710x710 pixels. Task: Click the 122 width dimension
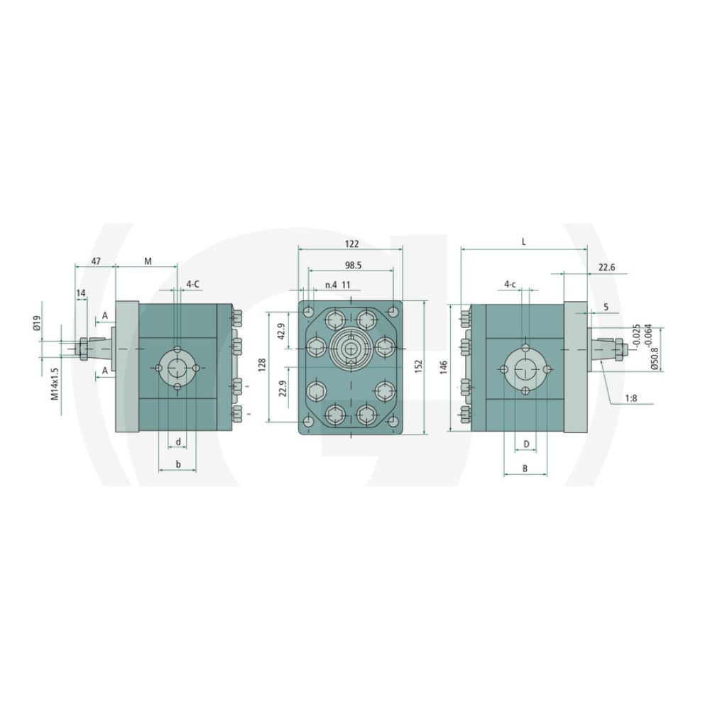(x=351, y=244)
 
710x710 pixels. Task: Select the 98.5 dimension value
(x=353, y=266)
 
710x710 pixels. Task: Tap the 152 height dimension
(x=418, y=366)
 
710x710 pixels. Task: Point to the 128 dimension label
(x=262, y=365)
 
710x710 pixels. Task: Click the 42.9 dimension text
(x=281, y=332)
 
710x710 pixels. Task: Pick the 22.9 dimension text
(x=282, y=388)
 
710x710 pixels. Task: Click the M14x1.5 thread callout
(x=55, y=383)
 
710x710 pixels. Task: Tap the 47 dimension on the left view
(x=96, y=261)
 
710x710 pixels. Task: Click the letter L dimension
(x=523, y=242)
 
